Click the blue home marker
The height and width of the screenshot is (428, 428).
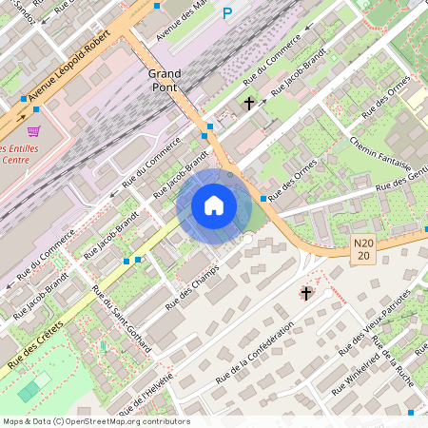coord(214,205)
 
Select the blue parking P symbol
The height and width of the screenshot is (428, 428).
coord(226,13)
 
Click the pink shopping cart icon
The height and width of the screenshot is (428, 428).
coord(34,130)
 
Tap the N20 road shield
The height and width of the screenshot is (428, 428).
coord(362,249)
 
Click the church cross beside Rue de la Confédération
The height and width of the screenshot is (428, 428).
coord(305,294)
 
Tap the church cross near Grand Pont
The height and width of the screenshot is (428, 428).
coord(249,103)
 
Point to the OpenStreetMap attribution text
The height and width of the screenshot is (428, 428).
coord(95,421)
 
